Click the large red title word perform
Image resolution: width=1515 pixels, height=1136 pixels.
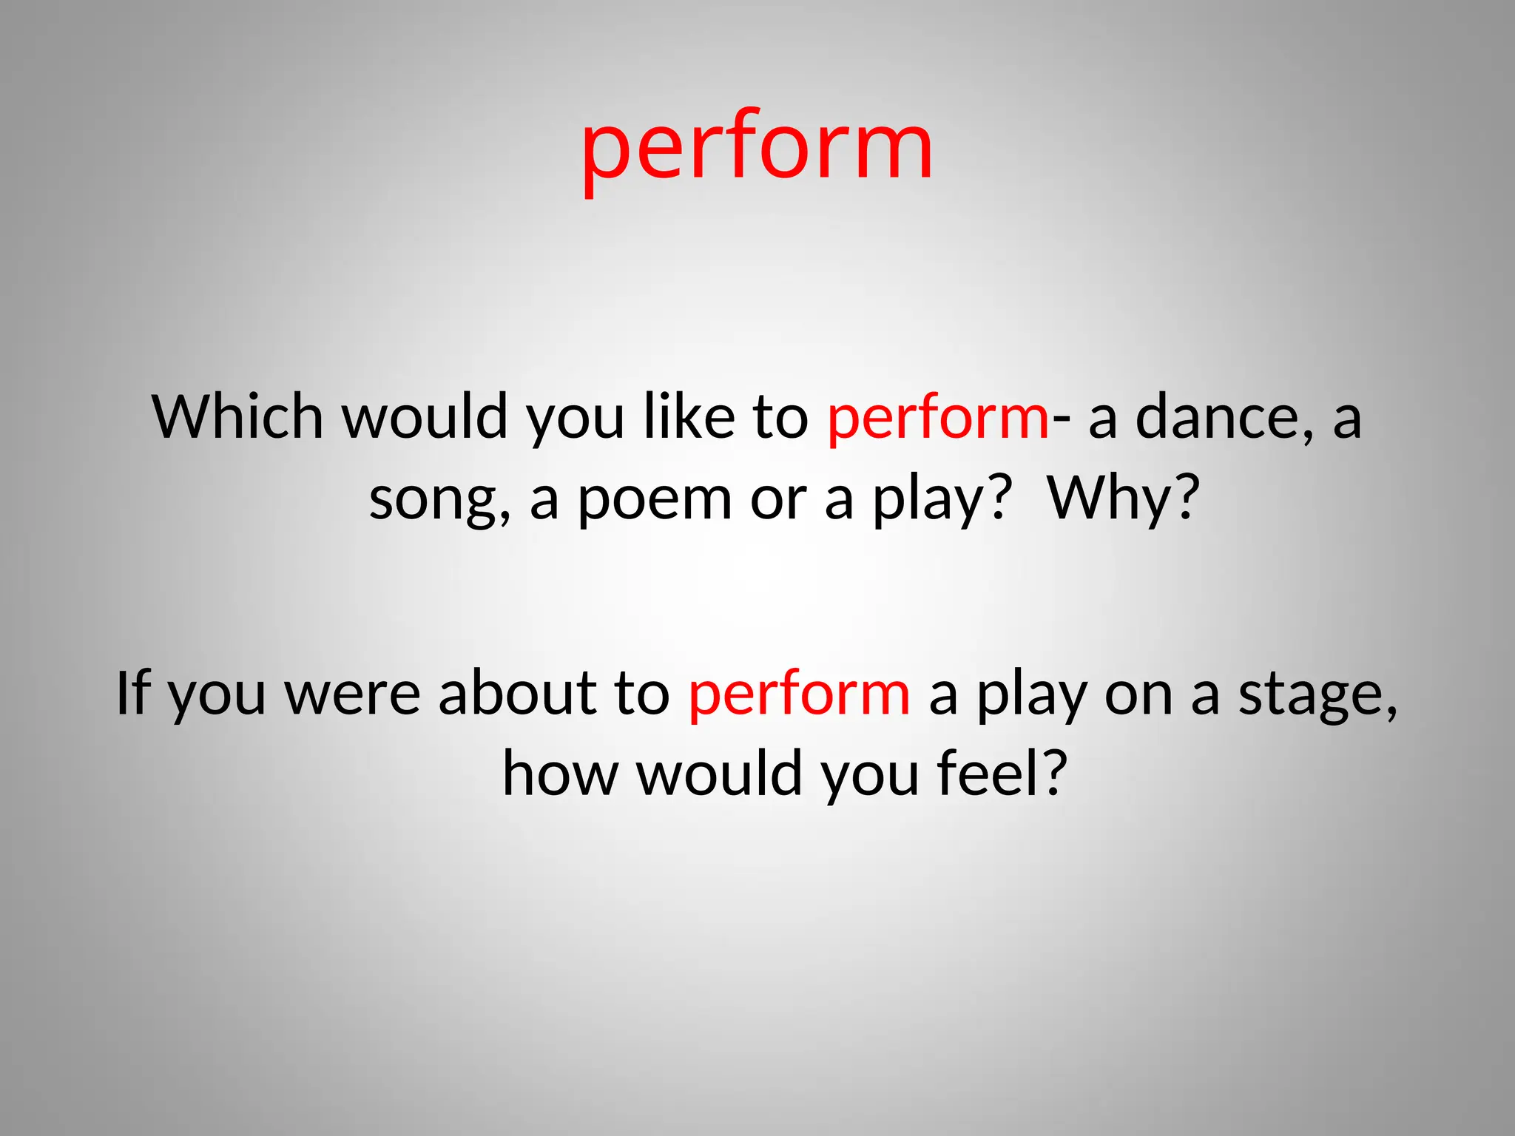757,148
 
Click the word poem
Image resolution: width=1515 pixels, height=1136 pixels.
654,499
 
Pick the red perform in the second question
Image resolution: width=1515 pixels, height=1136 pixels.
799,695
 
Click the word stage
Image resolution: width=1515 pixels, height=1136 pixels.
1310,695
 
